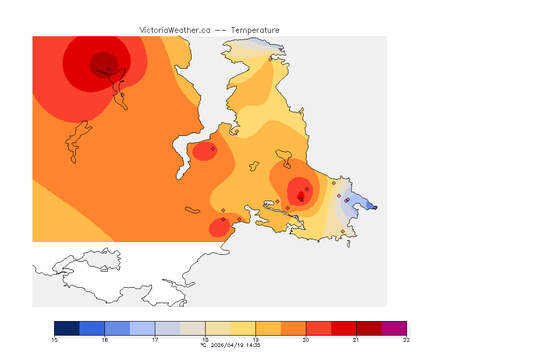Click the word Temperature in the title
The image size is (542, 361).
pyautogui.click(x=255, y=30)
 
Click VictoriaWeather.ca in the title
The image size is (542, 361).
pyautogui.click(x=175, y=30)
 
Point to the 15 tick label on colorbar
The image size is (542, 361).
pyautogui.click(x=54, y=340)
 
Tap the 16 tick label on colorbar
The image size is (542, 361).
pyautogui.click(x=104, y=340)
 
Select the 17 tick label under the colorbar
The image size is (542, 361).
pyautogui.click(x=155, y=340)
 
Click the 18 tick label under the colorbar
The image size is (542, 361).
pyautogui.click(x=205, y=340)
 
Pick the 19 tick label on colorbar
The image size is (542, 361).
pyautogui.click(x=255, y=340)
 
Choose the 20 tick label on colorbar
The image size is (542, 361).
pyautogui.click(x=306, y=340)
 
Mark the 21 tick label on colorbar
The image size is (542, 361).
pyautogui.click(x=356, y=340)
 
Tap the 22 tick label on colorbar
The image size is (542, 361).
pyautogui.click(x=406, y=340)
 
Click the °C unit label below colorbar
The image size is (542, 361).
pyautogui.click(x=203, y=345)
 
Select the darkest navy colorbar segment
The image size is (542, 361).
pyautogui.click(x=67, y=328)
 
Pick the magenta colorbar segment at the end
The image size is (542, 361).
pyautogui.click(x=394, y=328)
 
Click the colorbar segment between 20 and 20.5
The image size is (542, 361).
pyautogui.click(x=319, y=328)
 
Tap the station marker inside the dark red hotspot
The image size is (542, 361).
pyautogui.click(x=108, y=69)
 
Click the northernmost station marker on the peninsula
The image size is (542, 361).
pyautogui.click(x=270, y=59)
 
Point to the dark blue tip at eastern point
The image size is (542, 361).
pyautogui.click(x=374, y=207)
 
